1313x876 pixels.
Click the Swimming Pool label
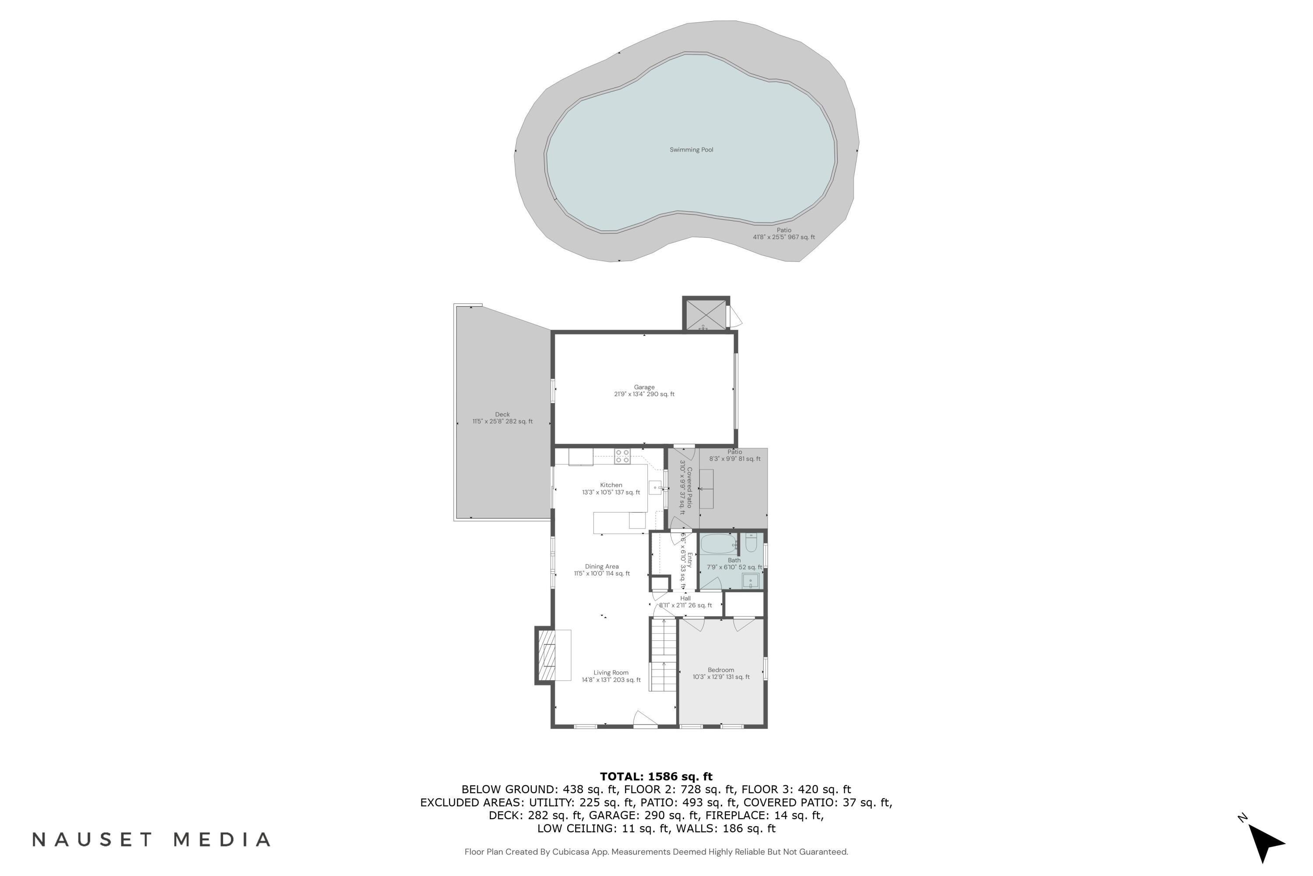691,150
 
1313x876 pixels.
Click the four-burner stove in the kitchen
622,456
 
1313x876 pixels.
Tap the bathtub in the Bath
719,544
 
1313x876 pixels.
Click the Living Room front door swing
644,719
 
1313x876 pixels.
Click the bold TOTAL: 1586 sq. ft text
656,777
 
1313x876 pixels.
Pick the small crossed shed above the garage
706,314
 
